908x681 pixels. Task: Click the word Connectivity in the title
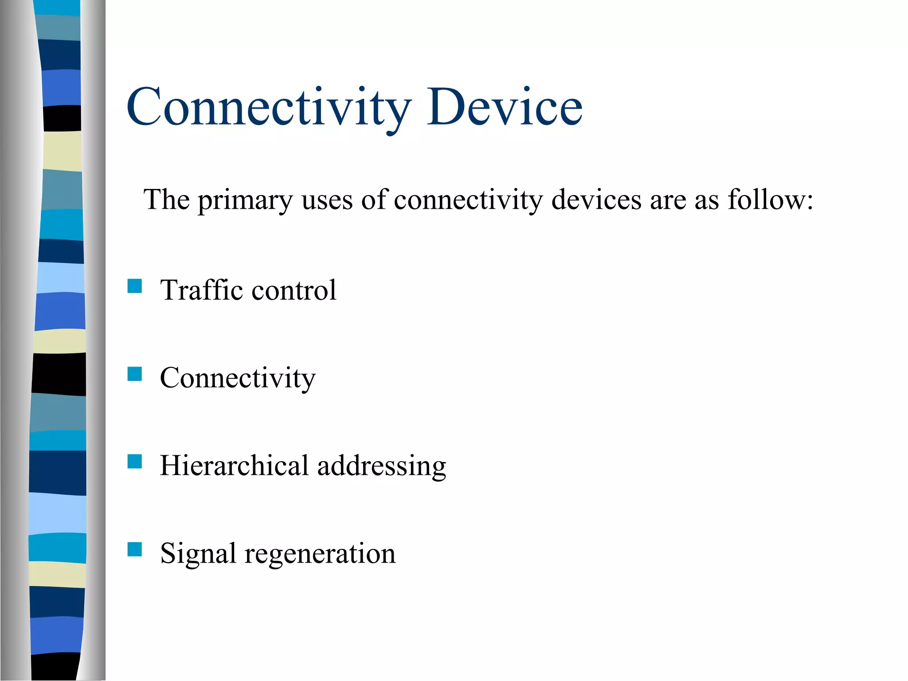(269, 107)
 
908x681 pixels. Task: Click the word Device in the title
(505, 107)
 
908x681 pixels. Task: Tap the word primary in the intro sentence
(245, 200)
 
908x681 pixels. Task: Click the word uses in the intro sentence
(327, 200)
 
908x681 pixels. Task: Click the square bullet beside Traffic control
(134, 286)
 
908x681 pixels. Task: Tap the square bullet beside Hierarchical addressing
(134, 462)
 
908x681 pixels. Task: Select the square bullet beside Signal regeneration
(134, 549)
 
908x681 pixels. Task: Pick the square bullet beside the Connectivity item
(134, 374)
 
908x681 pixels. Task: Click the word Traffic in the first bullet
(202, 290)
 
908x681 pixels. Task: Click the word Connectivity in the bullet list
(238, 378)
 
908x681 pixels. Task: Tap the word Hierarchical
(234, 466)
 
